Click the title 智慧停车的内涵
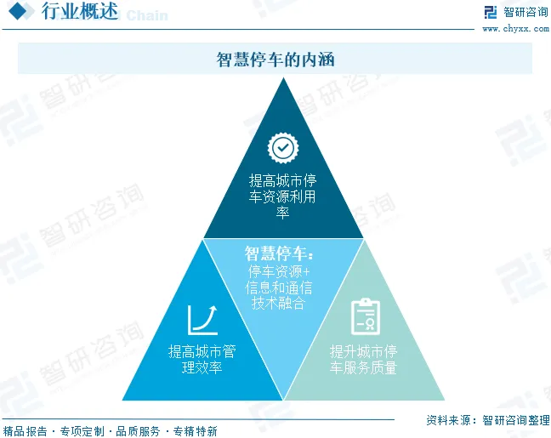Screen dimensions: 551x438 (275, 60)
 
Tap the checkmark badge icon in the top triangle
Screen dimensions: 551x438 (282, 148)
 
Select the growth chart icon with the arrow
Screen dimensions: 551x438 (203, 319)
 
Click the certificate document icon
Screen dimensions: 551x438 (365, 316)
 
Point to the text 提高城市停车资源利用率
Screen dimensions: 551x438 (282, 196)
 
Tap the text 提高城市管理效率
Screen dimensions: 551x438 (202, 360)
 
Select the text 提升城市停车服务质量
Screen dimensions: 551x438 (364, 360)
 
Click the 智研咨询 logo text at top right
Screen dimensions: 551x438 (525, 12)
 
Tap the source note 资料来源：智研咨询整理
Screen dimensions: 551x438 (486, 420)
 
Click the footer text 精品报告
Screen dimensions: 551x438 (25, 431)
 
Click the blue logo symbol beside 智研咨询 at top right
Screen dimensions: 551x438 (490, 12)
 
